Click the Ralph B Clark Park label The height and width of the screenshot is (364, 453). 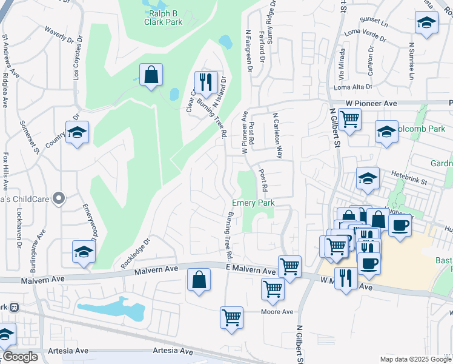[x=162, y=16]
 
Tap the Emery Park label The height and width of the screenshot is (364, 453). [x=254, y=203]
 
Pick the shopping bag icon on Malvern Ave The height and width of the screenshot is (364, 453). [x=199, y=280]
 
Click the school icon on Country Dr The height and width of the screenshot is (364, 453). [x=77, y=132]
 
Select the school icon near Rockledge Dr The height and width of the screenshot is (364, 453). [x=84, y=252]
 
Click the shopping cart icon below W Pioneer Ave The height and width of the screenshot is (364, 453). [x=350, y=119]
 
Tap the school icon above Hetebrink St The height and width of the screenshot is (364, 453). [x=367, y=178]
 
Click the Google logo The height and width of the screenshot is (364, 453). [x=20, y=357]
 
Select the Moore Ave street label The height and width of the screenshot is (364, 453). [x=277, y=312]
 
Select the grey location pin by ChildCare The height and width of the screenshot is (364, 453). [x=58, y=198]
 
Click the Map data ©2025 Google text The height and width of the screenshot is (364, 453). [x=415, y=359]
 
